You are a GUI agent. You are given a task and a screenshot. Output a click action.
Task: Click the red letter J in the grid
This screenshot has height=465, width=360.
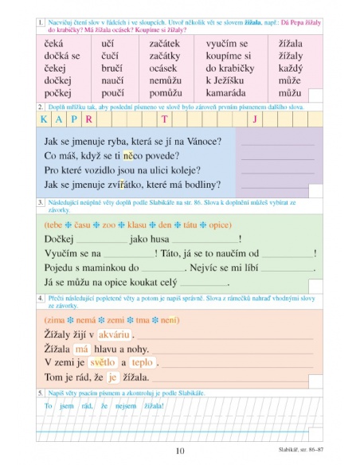click(255, 119)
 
